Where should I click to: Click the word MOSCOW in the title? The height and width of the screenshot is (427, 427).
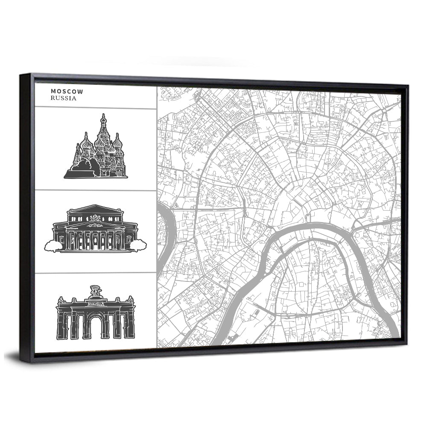pos(67,91)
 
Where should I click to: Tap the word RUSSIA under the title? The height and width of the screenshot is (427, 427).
pos(63,98)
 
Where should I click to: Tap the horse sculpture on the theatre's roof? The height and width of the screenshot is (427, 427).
pos(95,218)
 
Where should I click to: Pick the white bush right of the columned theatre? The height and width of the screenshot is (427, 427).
pos(138,245)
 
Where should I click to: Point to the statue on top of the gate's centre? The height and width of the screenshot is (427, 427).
pos(95,292)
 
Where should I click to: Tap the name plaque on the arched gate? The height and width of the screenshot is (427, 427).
pos(95,303)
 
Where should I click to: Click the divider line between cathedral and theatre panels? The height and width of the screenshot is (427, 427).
pos(95,190)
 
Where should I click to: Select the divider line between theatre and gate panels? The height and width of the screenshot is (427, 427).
pos(95,273)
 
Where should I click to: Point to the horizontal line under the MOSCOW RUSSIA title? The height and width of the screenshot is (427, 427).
pos(95,108)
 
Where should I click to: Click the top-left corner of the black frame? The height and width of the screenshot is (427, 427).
pos(21,76)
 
